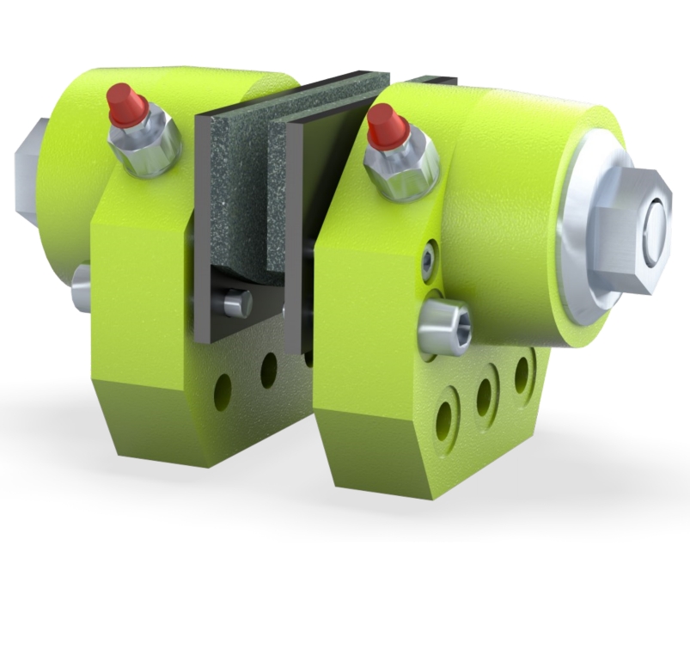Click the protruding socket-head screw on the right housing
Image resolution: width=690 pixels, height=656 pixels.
(x=445, y=328)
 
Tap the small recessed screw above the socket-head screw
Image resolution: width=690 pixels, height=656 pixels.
(x=428, y=259)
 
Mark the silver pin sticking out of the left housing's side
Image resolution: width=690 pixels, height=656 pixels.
(x=82, y=287)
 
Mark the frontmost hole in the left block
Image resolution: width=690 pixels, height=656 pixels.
(x=223, y=391)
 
